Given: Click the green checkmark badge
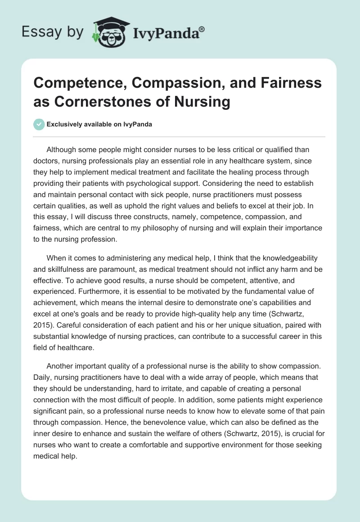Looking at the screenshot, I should pyautogui.click(x=39, y=124).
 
